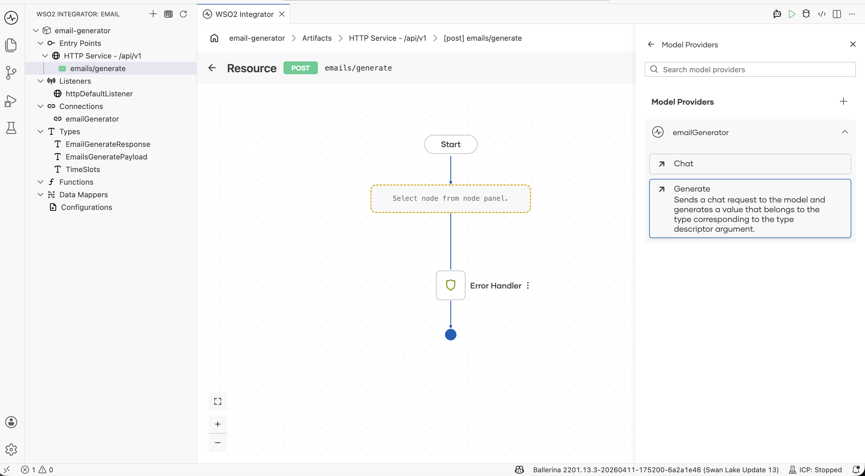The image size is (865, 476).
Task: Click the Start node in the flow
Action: click(450, 144)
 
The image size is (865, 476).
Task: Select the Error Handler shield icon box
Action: click(450, 285)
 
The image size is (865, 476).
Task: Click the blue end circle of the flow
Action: click(450, 334)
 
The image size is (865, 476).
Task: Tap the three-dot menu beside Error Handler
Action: click(528, 285)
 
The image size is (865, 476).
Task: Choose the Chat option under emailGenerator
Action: click(750, 164)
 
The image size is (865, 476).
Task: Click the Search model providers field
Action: click(750, 69)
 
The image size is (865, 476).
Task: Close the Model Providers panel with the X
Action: click(853, 44)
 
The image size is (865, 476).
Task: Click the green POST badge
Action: click(300, 68)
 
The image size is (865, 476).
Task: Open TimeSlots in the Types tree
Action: click(83, 169)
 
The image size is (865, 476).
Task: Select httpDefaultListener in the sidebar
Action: click(99, 94)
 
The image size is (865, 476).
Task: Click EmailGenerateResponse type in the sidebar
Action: click(108, 144)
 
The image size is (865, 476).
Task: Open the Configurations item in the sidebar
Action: click(86, 207)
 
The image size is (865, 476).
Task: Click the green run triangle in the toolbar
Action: click(792, 14)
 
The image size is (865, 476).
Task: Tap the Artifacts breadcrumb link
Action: click(317, 38)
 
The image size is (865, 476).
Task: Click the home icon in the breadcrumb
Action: click(214, 38)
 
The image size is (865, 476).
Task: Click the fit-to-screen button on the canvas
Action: click(217, 401)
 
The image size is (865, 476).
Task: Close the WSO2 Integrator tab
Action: click(282, 14)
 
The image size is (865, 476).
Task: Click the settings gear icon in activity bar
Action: click(11, 450)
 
